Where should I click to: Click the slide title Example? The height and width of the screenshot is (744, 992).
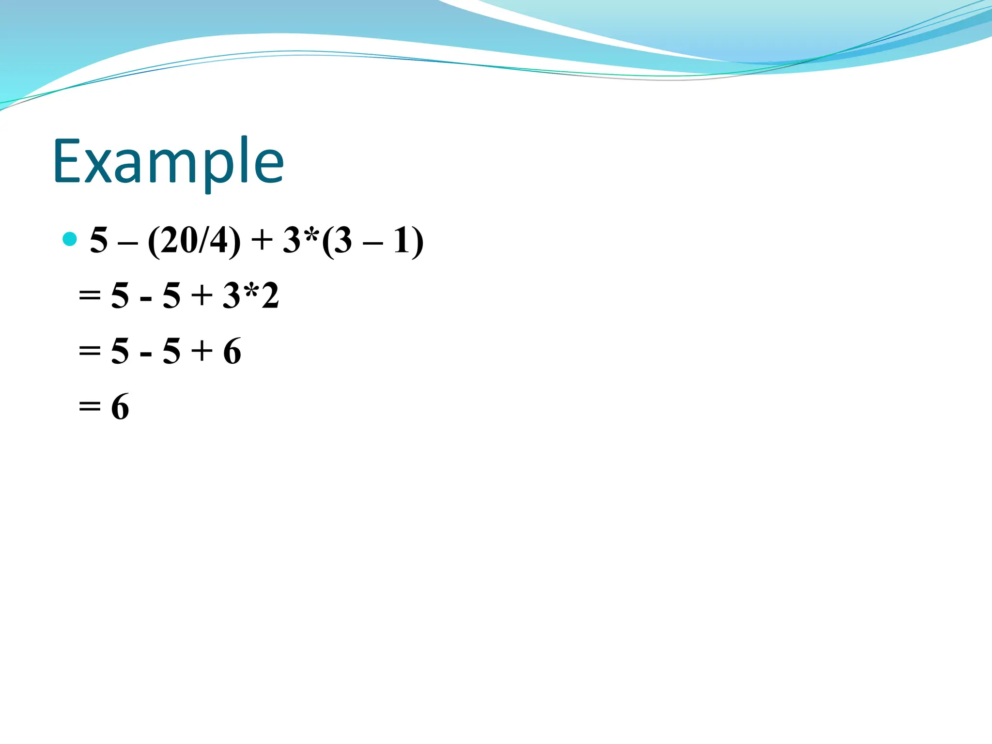(x=168, y=161)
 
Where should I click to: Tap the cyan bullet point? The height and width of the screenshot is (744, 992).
(x=70, y=239)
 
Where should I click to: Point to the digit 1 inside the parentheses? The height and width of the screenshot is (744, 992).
(x=402, y=240)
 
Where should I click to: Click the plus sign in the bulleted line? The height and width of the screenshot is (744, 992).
(x=262, y=241)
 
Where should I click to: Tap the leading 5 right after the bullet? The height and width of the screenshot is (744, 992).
(x=99, y=240)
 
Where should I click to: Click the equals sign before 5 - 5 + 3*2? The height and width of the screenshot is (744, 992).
(x=90, y=295)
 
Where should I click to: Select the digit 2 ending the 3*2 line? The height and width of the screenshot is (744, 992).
(x=270, y=295)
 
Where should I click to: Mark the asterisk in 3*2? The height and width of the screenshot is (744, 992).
(x=251, y=292)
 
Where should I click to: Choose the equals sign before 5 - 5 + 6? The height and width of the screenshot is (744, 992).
(x=90, y=350)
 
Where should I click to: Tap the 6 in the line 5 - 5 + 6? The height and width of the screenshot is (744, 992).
(x=232, y=351)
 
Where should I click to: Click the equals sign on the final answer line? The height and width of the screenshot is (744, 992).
(x=90, y=406)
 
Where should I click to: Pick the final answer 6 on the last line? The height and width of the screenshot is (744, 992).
(x=120, y=406)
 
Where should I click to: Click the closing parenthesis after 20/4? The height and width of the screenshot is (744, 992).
(x=234, y=241)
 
